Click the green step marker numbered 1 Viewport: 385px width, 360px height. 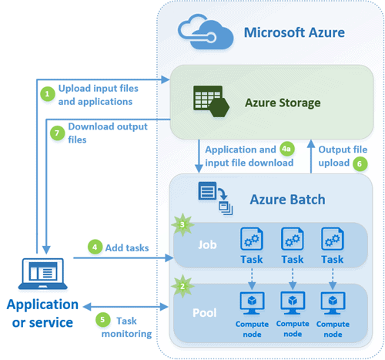[48, 94]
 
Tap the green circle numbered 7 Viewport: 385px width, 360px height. [57, 133]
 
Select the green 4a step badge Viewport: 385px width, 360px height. [286, 149]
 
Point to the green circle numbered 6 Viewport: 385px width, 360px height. [360, 163]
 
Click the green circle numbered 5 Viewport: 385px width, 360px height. [102, 319]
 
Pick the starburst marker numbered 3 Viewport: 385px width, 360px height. [182, 224]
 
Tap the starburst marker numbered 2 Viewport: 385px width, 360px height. [182, 286]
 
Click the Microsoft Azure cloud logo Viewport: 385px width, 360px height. [206, 32]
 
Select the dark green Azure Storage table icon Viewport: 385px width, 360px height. [211, 101]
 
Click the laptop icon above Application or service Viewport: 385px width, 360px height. [43, 274]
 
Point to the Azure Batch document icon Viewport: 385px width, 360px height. [215, 198]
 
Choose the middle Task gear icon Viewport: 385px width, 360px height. [293, 239]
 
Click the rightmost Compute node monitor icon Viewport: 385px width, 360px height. [333, 303]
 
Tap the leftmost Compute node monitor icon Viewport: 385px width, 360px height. [252, 303]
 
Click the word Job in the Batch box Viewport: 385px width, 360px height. [207, 245]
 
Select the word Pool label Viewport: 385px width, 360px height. [205, 313]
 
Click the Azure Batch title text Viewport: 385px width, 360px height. [288, 200]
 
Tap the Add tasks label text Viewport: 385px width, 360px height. [127, 248]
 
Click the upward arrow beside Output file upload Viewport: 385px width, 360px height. [311, 156]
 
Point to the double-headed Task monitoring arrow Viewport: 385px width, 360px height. [126, 307]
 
